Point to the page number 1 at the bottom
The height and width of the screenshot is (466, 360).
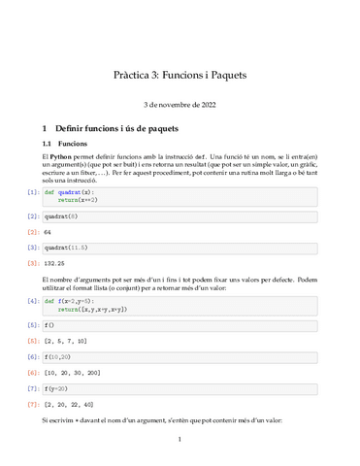180,440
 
